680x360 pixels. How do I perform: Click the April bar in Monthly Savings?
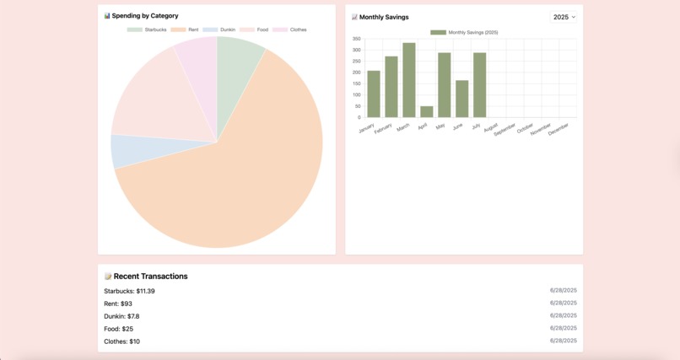[426, 111]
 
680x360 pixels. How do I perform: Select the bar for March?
[408, 80]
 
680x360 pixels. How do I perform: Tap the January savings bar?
[373, 94]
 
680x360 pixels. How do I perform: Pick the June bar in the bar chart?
[461, 99]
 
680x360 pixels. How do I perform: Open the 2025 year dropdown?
[564, 17]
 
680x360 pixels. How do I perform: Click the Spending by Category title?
[145, 16]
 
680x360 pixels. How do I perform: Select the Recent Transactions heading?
[150, 277]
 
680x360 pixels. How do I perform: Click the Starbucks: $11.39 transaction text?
[129, 291]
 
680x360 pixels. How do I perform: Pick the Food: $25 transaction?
[118, 329]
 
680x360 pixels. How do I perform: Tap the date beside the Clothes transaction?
[563, 341]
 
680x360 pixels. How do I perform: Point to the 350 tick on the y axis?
[357, 39]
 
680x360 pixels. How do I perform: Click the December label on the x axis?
[559, 130]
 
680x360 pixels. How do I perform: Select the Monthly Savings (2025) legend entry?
[464, 33]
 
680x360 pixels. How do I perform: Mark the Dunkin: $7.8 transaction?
[121, 316]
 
